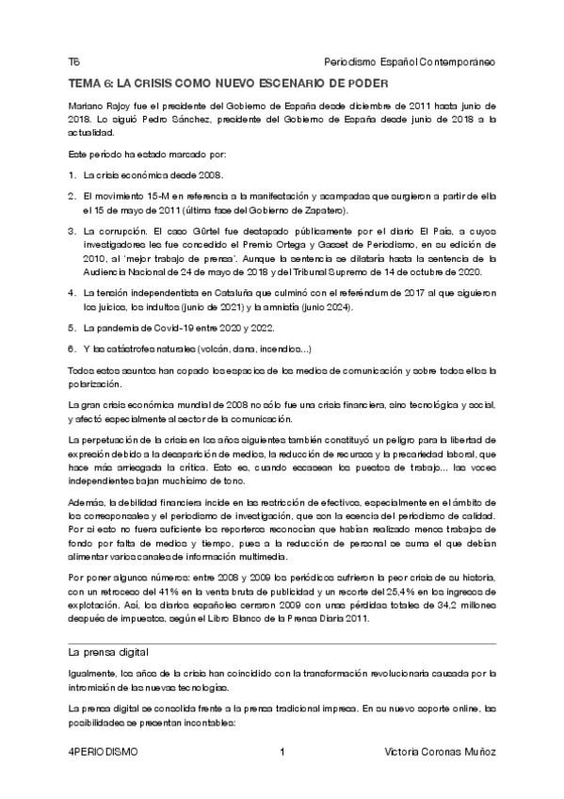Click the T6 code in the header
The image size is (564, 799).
(73, 60)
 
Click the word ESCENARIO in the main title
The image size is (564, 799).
(297, 85)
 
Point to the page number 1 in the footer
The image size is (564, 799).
(282, 752)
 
